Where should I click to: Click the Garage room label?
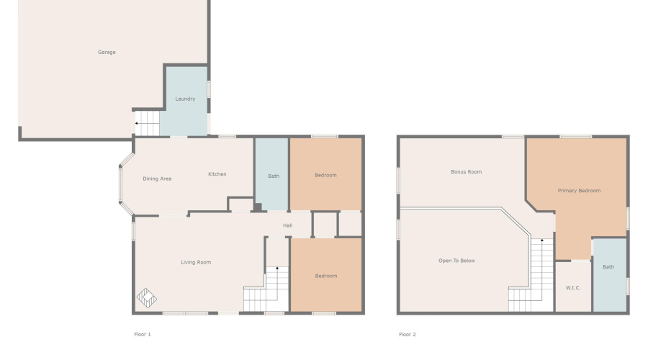click(x=107, y=52)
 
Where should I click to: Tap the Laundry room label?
click(x=185, y=99)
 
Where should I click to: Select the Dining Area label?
click(x=156, y=179)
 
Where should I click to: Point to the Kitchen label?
click(x=217, y=174)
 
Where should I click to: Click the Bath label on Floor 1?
click(x=274, y=176)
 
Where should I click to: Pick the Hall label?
click(x=287, y=225)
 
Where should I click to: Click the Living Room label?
click(x=196, y=262)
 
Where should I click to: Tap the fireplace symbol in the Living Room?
click(x=146, y=297)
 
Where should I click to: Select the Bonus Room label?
click(x=466, y=172)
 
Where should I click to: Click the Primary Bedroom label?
click(x=579, y=191)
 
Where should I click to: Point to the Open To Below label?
click(x=456, y=261)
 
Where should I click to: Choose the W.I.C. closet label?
click(x=573, y=288)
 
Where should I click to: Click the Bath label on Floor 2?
click(x=608, y=267)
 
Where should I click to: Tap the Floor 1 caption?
click(x=143, y=334)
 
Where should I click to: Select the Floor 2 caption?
click(x=408, y=334)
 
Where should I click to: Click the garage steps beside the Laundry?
click(x=147, y=123)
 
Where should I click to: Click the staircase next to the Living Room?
click(x=267, y=288)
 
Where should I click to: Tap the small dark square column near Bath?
click(x=257, y=207)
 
